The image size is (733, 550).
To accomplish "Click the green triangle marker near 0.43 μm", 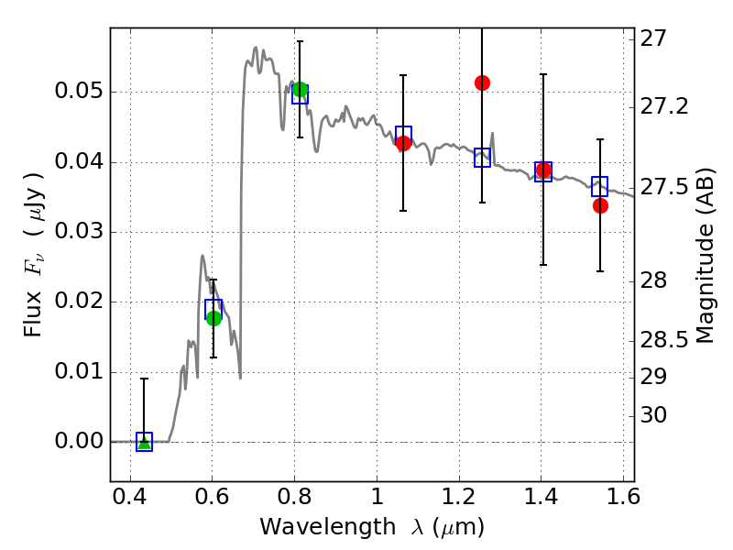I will (x=144, y=443).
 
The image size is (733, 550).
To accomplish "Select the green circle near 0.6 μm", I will (x=213, y=318).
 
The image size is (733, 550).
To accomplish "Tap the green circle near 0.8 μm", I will (x=300, y=89).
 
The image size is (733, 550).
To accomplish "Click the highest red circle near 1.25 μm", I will (x=482, y=82).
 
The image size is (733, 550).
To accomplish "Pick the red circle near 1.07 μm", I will (x=403, y=143).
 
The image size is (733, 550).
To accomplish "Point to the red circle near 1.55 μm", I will (x=600, y=205).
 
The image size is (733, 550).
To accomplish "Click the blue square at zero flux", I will (x=144, y=441).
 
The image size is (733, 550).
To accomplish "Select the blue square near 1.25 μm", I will (x=482, y=158).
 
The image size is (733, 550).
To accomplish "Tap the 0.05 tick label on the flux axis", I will (x=78, y=93).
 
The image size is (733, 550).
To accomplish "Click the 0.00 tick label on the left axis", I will (x=78, y=442).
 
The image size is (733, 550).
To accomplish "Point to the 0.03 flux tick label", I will (x=78, y=232).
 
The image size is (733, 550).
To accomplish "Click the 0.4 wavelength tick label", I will (x=130, y=500).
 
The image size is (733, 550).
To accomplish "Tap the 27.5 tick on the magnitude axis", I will (x=666, y=187).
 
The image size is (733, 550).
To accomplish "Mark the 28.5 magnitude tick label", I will (x=666, y=341).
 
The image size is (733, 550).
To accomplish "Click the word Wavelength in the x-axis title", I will (x=314, y=527).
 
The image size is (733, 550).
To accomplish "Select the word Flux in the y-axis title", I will (x=34, y=291).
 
